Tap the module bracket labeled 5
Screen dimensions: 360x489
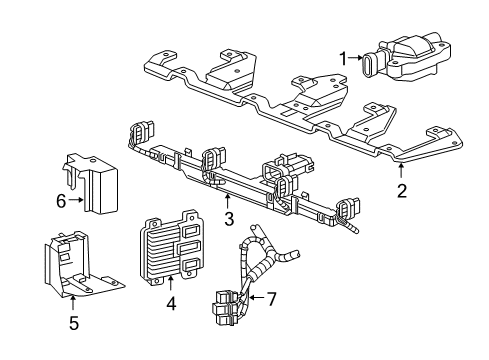pos(80,268)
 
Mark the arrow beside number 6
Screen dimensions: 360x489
pos(76,202)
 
